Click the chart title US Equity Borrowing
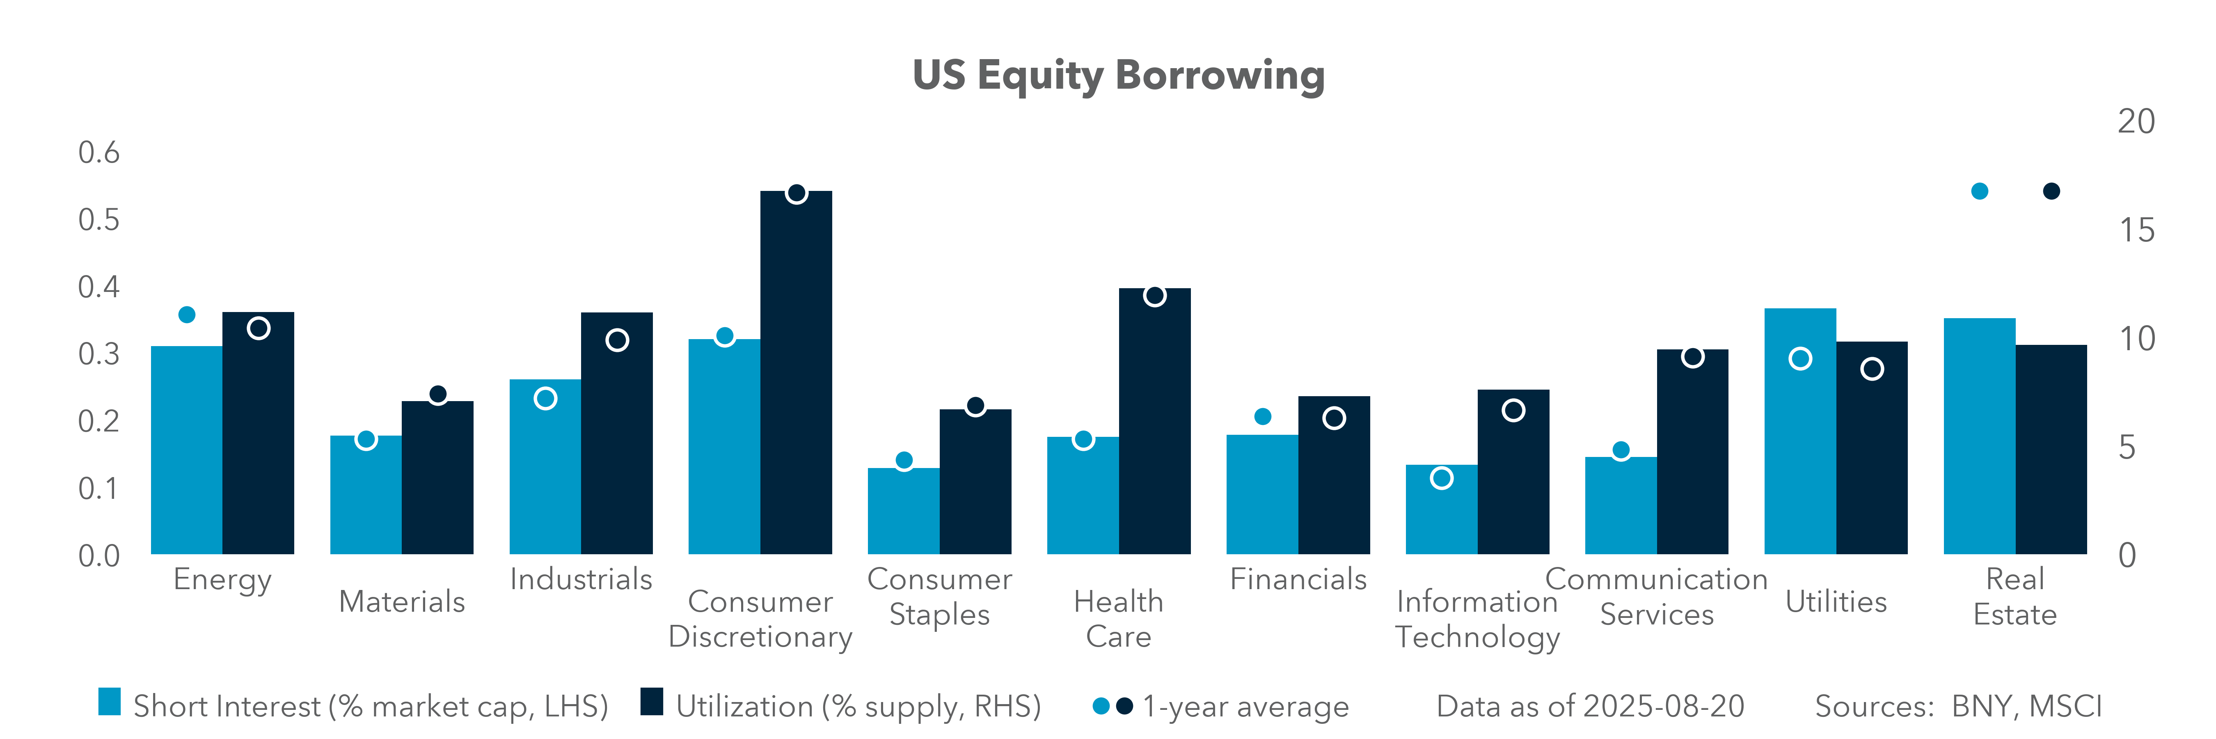coord(1118,76)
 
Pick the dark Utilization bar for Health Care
coord(1154,422)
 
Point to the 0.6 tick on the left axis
coord(99,153)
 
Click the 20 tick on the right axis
coord(2136,122)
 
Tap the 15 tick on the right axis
coord(2136,231)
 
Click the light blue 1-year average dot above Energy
coord(187,315)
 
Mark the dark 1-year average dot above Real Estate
coord(2052,191)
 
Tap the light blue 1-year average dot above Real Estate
coord(1980,191)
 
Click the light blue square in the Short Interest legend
coord(109,702)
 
